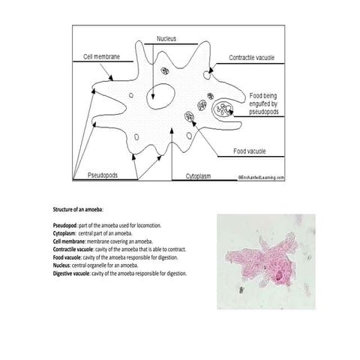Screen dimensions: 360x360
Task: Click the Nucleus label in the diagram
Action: [x=166, y=38]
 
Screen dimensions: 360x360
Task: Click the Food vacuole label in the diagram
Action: [x=250, y=151]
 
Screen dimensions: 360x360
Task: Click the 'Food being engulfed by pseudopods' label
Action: [x=266, y=103]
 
